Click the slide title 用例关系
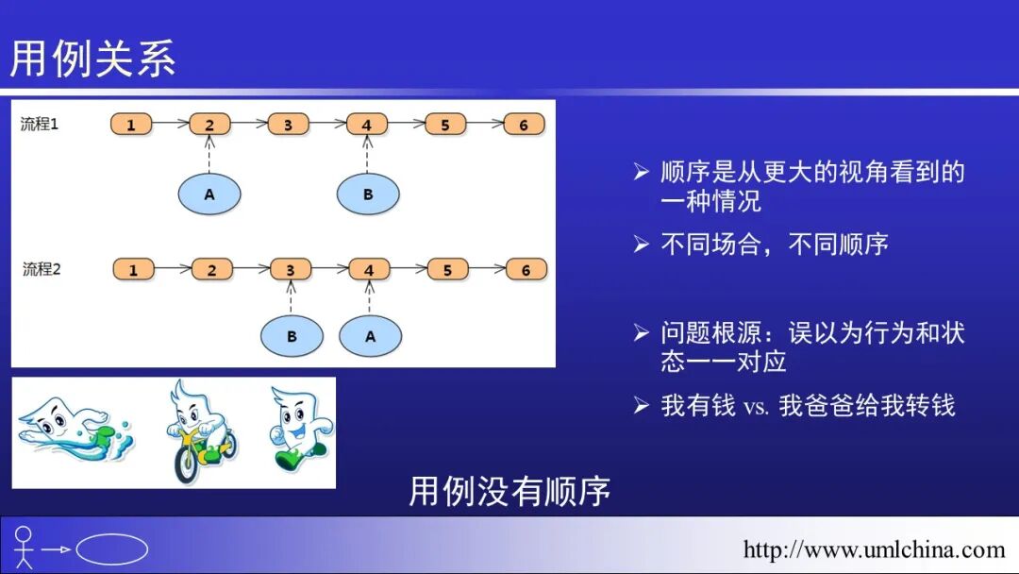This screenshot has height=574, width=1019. pyautogui.click(x=92, y=59)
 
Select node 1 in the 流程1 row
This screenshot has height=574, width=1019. pyautogui.click(x=131, y=125)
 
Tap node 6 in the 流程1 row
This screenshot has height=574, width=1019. pyautogui.click(x=524, y=125)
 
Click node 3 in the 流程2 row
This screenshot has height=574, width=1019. pyautogui.click(x=291, y=270)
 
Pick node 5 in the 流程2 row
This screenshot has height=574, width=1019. pyautogui.click(x=447, y=270)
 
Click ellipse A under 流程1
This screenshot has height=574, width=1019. pyautogui.click(x=209, y=194)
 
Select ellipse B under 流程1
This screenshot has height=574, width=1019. pyautogui.click(x=368, y=194)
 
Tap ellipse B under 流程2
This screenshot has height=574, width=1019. pyautogui.click(x=292, y=336)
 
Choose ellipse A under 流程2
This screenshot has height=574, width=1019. pyautogui.click(x=370, y=336)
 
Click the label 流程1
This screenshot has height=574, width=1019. pyautogui.click(x=41, y=124)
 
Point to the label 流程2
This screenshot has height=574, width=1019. pyautogui.click(x=42, y=269)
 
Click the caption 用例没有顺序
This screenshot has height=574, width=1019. pyautogui.click(x=509, y=491)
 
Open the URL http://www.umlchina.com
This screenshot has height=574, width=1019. pyautogui.click(x=874, y=549)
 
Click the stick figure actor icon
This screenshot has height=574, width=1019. pyautogui.click(x=24, y=548)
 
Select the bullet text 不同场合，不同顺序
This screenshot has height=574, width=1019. pyautogui.click(x=774, y=245)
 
